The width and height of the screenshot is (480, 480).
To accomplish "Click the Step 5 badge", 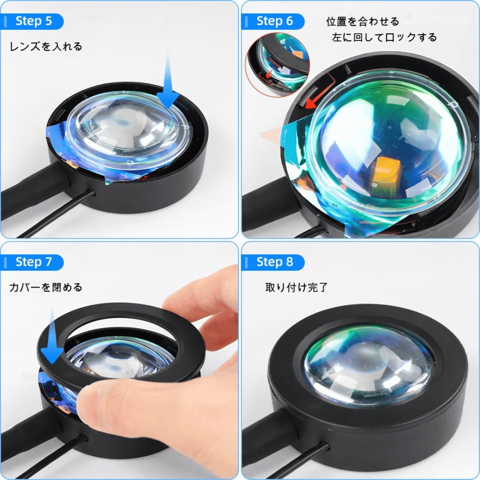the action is [32, 21].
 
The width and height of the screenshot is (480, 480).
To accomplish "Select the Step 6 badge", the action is [273, 21].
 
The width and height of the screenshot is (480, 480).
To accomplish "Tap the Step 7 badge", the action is [32, 262].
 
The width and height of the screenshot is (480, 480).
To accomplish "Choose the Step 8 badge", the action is [273, 262].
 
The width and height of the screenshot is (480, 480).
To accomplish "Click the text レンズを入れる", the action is [46, 47].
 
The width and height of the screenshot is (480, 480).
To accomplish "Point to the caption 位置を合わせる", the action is [363, 21].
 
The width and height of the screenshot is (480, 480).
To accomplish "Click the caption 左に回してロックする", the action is [384, 37].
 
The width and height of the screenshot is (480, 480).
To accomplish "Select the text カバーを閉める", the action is [46, 288].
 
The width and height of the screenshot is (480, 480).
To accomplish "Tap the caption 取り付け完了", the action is [296, 288].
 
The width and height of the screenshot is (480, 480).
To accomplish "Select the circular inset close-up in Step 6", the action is [277, 65].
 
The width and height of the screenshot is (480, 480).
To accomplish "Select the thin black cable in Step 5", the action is [55, 214].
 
